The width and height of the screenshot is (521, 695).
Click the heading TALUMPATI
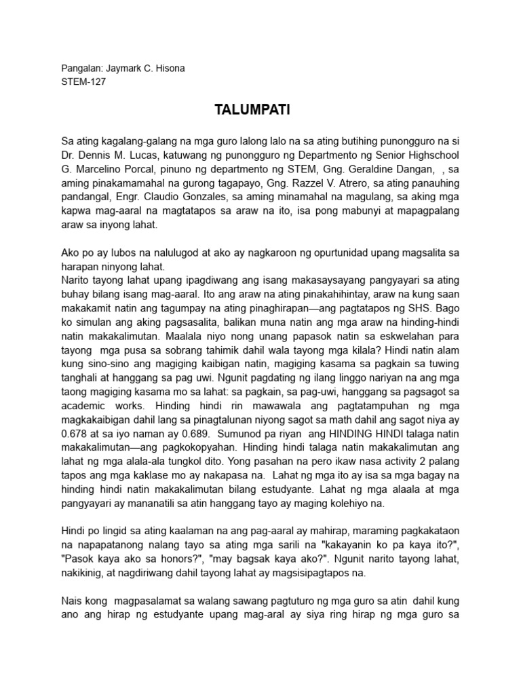click(x=260, y=110)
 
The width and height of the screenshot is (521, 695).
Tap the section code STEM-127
click(x=83, y=82)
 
